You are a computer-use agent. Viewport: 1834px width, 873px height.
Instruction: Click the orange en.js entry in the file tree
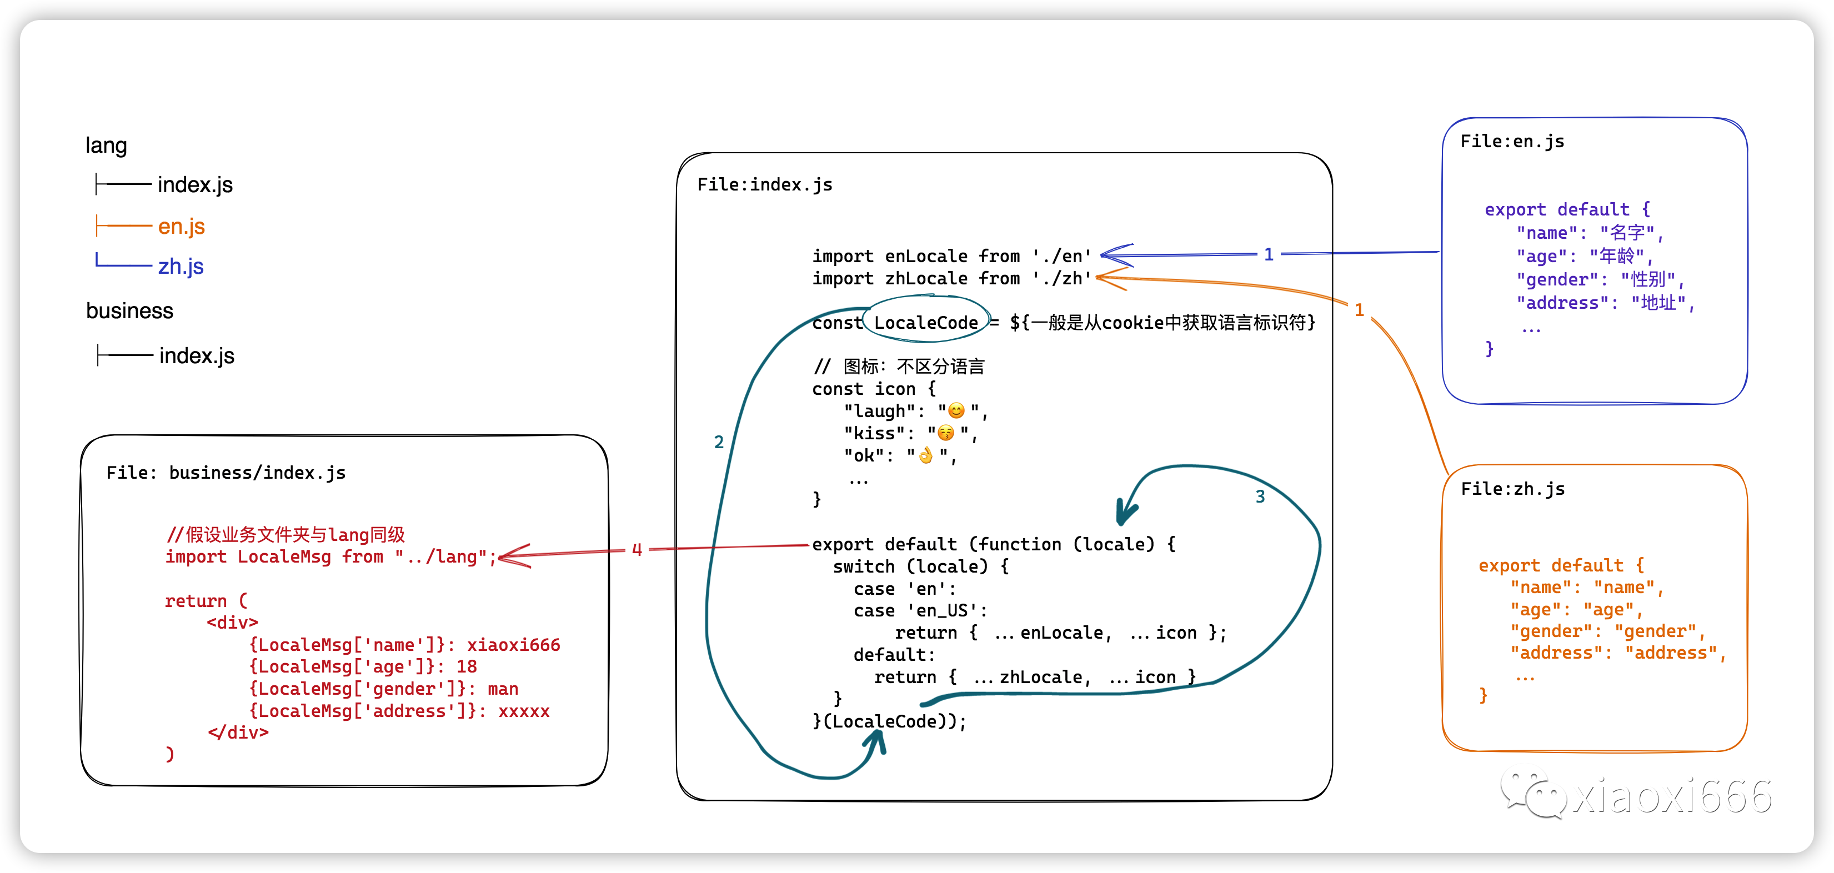pos(181,227)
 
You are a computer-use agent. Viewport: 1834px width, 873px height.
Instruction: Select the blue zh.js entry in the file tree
pos(181,267)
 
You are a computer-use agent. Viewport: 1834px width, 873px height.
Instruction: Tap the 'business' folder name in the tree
pos(129,311)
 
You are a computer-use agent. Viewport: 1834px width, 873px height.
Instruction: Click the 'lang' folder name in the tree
pos(106,145)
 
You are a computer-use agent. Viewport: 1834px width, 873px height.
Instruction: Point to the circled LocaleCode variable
pos(925,323)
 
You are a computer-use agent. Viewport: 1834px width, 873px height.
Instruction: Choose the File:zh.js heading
pos(1512,489)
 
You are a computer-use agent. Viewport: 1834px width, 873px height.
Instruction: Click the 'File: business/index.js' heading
pos(226,473)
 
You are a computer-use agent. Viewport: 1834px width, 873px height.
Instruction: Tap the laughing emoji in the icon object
pos(956,411)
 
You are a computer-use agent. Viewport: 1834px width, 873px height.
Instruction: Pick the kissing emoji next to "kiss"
pos(945,433)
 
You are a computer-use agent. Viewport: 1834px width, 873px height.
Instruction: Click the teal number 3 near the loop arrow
pos(1260,496)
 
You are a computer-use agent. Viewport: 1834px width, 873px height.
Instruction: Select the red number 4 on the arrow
pos(637,550)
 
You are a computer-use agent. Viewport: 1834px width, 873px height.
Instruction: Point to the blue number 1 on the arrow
pos(1269,254)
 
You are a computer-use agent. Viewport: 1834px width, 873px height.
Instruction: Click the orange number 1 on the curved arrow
pos(1359,310)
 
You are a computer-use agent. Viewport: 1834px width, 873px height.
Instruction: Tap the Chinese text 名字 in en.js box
pos(1627,233)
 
